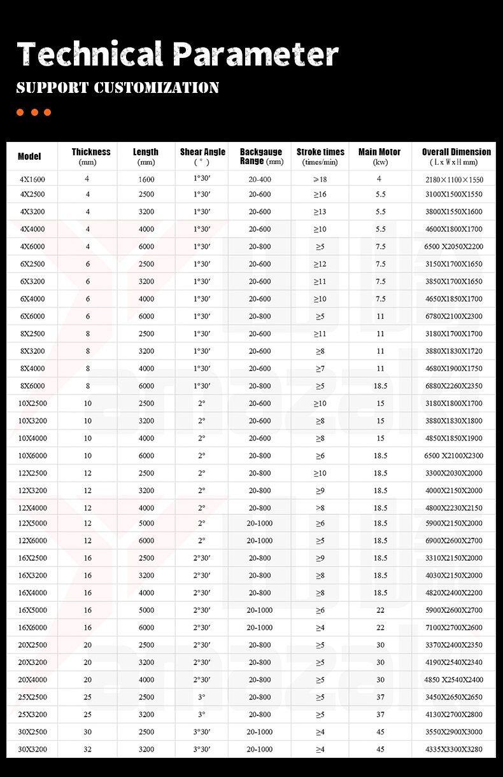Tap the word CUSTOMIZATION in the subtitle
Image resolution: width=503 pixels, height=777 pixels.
click(157, 88)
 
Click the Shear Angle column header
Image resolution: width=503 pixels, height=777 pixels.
click(202, 152)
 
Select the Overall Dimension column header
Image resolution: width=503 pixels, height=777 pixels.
click(456, 152)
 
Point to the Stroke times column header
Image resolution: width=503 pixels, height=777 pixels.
click(320, 152)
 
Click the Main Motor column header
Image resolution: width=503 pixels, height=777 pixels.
click(379, 152)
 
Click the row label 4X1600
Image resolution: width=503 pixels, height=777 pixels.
click(32, 179)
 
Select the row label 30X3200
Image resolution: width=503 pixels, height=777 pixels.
click(33, 749)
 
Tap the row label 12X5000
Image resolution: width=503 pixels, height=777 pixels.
click(33, 523)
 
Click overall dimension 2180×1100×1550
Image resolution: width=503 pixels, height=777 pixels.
click(454, 179)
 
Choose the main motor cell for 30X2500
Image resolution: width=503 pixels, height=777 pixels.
click(380, 732)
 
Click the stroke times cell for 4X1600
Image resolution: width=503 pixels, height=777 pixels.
click(320, 179)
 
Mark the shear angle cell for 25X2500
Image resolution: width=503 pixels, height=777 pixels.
click(201, 697)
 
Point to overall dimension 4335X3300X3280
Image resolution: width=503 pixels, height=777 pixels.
click(454, 749)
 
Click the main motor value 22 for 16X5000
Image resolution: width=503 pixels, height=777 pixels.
click(380, 610)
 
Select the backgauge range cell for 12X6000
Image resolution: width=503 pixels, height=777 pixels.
click(260, 540)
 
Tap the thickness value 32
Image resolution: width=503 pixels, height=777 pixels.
click(88, 749)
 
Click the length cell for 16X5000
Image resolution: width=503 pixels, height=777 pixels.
click(146, 610)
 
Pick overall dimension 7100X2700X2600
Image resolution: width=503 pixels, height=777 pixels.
click(454, 627)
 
